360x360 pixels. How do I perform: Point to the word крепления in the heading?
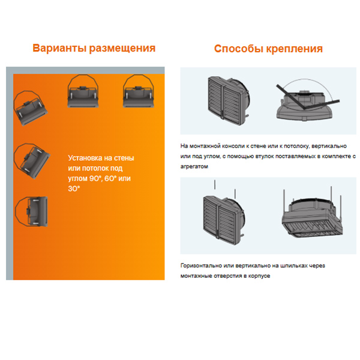(295, 49)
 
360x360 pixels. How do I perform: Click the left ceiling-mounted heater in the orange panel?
(83, 91)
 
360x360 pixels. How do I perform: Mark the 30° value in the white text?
(74, 188)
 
